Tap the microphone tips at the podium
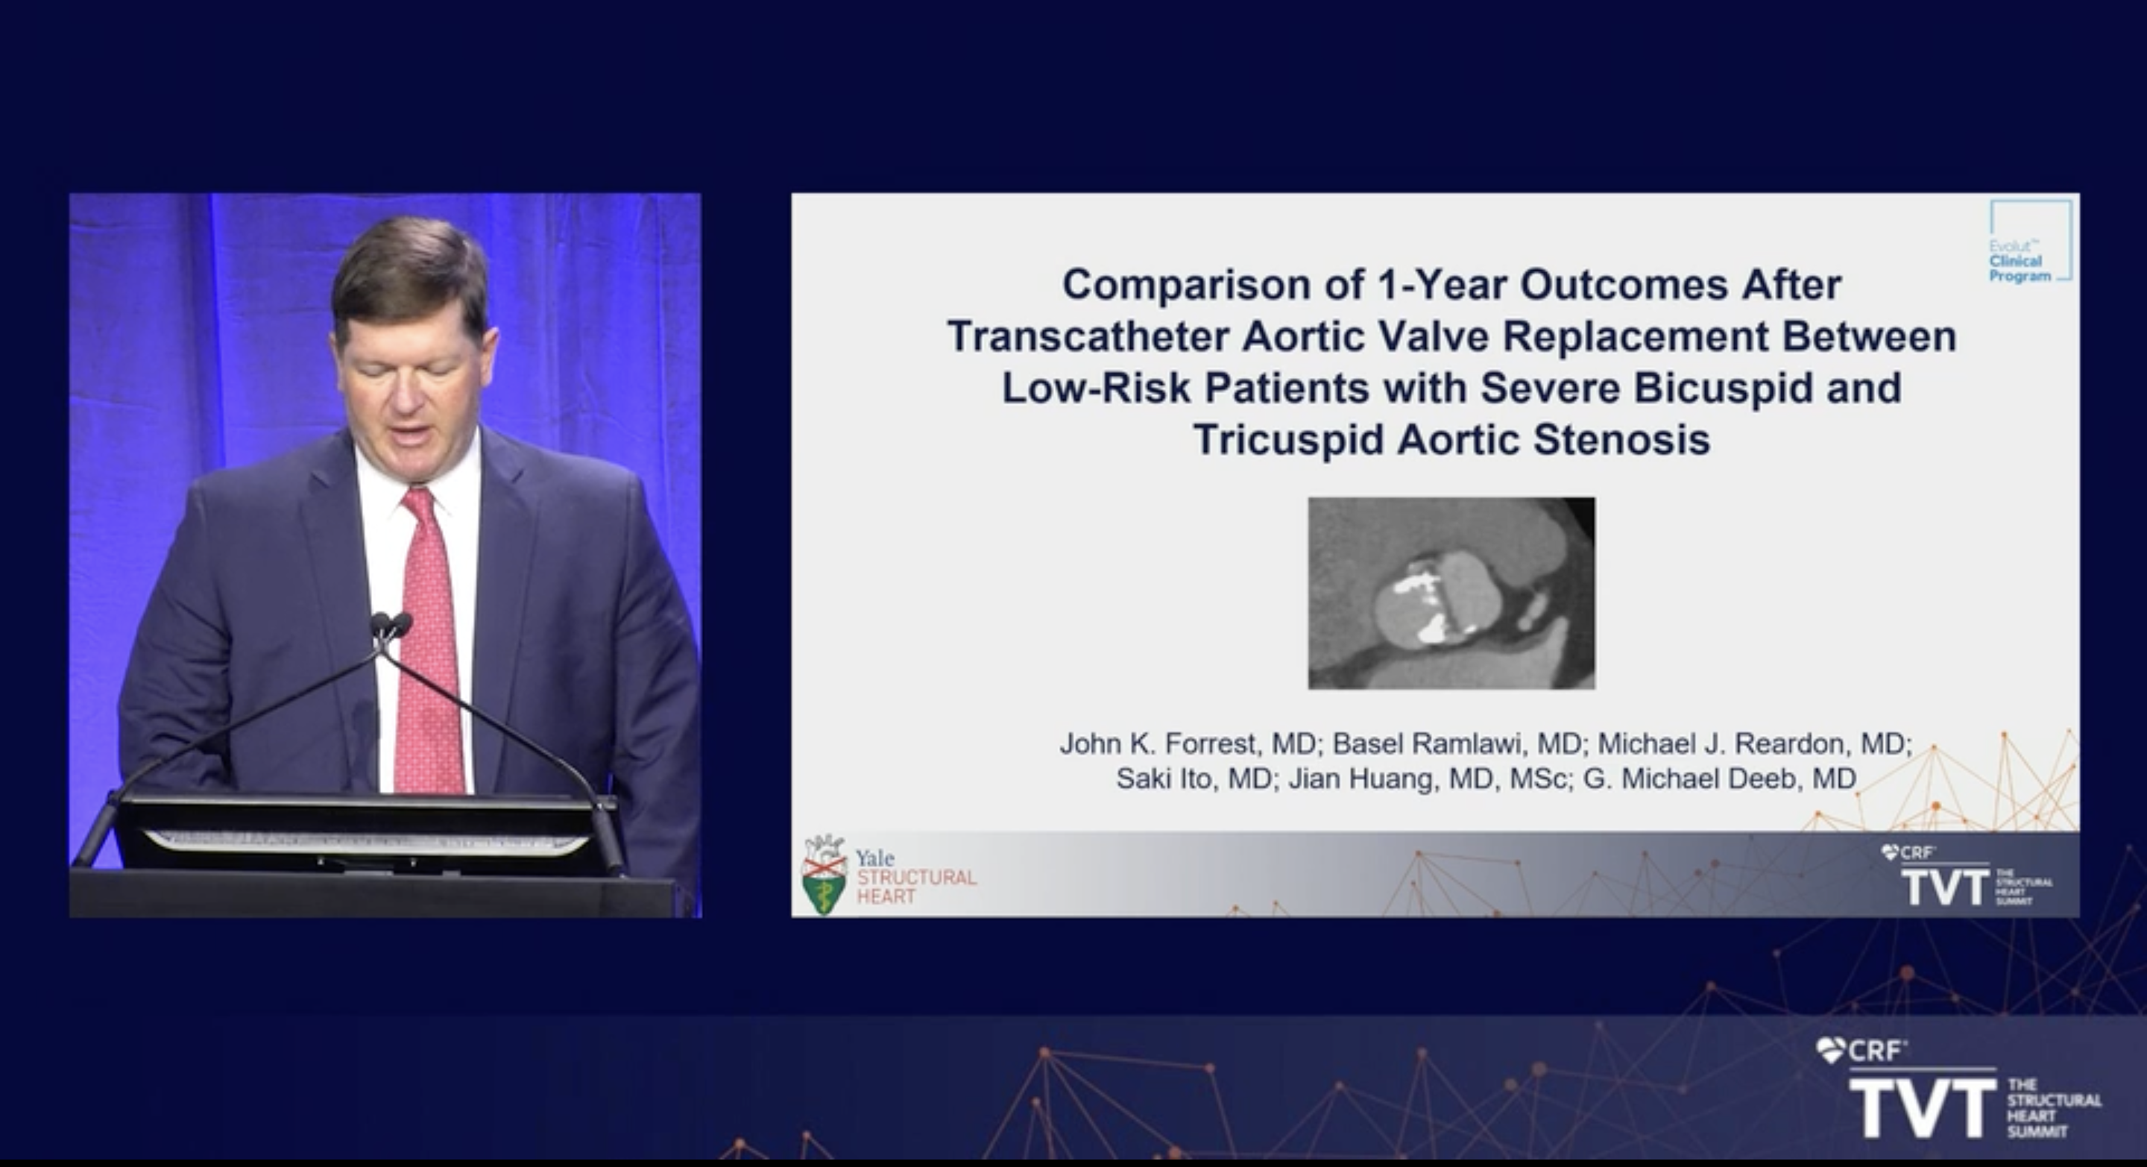pyautogui.click(x=390, y=623)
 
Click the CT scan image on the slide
pyautogui.click(x=1451, y=594)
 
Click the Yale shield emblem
pyautogui.click(x=824, y=875)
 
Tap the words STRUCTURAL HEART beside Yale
pyautogui.click(x=917, y=886)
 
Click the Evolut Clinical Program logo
pyautogui.click(x=2029, y=241)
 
